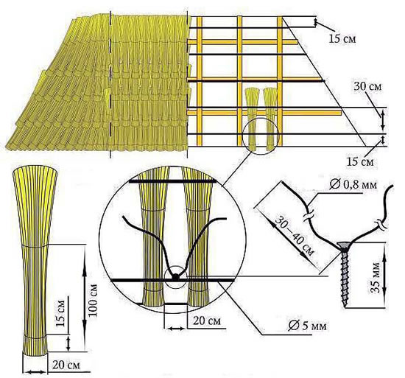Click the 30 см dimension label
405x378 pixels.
[367, 86]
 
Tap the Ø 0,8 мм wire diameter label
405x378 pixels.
[353, 185]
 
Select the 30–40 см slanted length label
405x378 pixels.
[294, 236]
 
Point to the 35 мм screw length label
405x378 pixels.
[376, 278]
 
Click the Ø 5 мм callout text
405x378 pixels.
[307, 326]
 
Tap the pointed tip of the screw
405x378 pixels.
[345, 307]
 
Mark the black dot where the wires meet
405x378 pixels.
[176, 277]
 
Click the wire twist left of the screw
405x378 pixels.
[309, 215]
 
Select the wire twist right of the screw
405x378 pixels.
[380, 224]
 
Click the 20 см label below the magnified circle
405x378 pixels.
[207, 321]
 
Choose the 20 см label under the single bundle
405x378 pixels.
[66, 365]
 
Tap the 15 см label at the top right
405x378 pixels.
[342, 38]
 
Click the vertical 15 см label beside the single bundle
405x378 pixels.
[60, 313]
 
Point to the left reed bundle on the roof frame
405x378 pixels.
[251, 119]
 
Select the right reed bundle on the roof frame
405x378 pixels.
[270, 119]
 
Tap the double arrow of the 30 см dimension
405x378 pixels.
[383, 119]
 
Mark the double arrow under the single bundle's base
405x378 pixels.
[35, 372]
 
